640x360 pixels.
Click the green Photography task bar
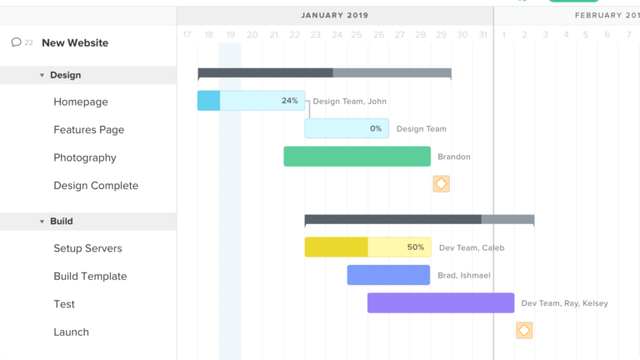[357, 157]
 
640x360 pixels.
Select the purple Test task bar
[440, 303]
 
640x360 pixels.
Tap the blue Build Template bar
[388, 275]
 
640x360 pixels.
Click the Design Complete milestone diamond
[441, 184]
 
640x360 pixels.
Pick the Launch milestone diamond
[524, 331]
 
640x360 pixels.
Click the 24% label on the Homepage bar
[289, 101]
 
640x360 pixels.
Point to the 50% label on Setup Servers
[415, 247]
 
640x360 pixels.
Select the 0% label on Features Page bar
[376, 129]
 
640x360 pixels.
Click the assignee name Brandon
[454, 157]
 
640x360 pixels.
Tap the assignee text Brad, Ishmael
[463, 276]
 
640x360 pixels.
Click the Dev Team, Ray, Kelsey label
[564, 303]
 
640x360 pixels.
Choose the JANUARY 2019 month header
[334, 15]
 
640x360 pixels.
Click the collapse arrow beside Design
[42, 75]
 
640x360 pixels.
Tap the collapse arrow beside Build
[42, 222]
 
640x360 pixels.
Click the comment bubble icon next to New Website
[16, 42]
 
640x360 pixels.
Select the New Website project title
[75, 43]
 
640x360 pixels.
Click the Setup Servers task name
[87, 248]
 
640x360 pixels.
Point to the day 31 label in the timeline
[482, 35]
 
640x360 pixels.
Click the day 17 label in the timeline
[187, 35]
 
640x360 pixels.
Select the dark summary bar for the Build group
[392, 219]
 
